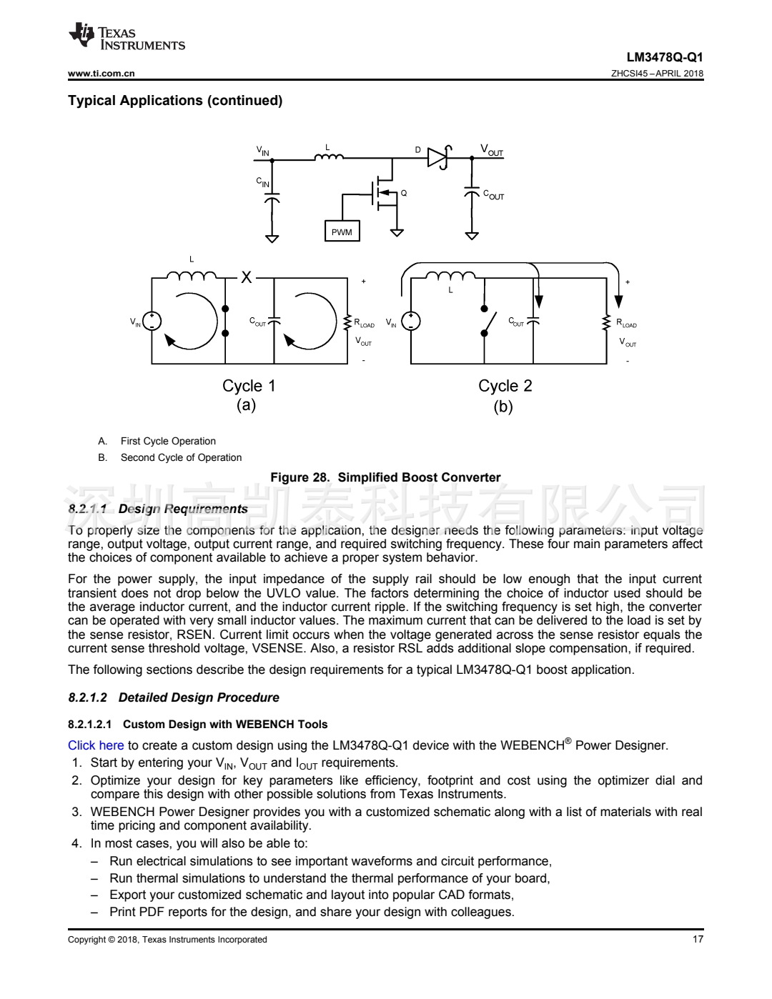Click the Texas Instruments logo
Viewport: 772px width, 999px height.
click(x=126, y=38)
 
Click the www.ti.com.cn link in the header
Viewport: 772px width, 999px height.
click(x=102, y=73)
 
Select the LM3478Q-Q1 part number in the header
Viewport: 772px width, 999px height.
click(x=664, y=57)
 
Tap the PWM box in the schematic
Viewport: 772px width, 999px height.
click(x=342, y=232)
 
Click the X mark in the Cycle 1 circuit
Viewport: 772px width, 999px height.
click(x=246, y=277)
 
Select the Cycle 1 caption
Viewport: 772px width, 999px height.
click(x=249, y=386)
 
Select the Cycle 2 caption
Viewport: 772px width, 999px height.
click(x=505, y=386)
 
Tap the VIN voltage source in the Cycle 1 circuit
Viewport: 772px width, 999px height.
click(x=152, y=322)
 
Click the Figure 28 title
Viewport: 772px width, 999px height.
click(x=385, y=477)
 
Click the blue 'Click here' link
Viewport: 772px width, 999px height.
click(x=96, y=745)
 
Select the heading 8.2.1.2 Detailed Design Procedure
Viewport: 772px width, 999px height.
click(x=174, y=697)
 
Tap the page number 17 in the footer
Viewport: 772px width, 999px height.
click(x=698, y=939)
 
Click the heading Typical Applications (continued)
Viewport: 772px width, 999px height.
click(x=175, y=101)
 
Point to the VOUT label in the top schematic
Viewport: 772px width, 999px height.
click(x=492, y=150)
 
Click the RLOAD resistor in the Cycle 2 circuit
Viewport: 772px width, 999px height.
click(x=608, y=323)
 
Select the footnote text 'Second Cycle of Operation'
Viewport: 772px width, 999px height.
click(x=181, y=457)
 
